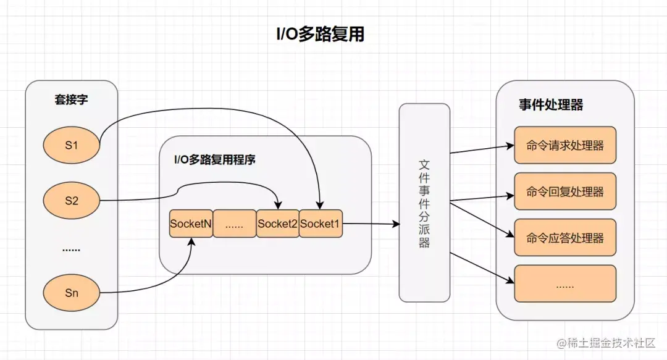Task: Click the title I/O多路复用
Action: coord(320,34)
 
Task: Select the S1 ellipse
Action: coord(72,146)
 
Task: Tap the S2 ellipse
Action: coord(72,200)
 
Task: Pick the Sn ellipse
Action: coord(72,293)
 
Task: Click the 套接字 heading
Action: coord(71,99)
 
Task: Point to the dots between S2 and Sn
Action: coord(72,249)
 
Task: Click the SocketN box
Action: coord(191,224)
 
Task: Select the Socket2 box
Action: coord(277,224)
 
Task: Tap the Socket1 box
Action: coord(321,224)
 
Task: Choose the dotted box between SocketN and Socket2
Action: coord(235,224)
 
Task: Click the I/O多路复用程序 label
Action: coord(215,159)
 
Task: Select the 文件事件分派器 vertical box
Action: coord(424,203)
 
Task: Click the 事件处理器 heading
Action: coord(551,105)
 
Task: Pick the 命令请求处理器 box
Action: coord(565,146)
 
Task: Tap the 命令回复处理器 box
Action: coord(565,192)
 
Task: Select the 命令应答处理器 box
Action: coord(565,238)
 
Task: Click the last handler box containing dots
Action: coord(565,284)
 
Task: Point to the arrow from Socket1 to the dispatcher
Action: coord(371,224)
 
